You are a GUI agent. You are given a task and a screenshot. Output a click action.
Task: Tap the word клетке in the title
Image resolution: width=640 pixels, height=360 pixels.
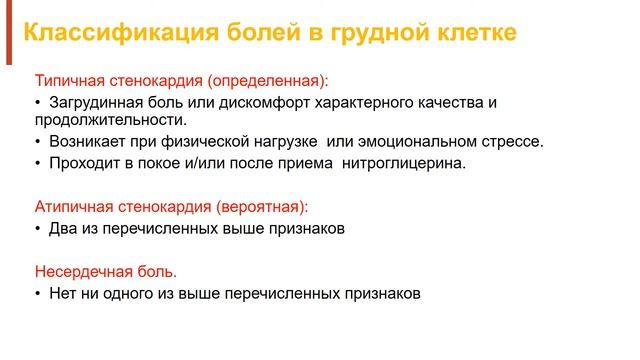point(477,31)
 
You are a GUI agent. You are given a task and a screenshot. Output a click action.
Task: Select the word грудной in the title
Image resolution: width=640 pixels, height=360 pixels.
point(383,32)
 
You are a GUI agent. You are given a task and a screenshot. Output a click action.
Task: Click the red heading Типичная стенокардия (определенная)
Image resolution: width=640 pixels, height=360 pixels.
point(181,80)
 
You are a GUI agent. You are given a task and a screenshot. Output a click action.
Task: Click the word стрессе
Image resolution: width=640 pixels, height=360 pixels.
point(512,142)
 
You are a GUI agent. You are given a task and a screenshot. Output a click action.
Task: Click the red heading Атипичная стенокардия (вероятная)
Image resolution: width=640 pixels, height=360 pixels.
point(171,207)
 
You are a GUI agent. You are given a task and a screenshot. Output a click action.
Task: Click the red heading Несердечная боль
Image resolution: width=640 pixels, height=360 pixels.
point(106,272)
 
